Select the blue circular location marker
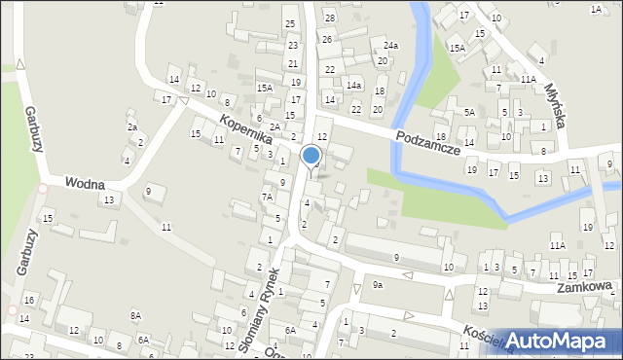tap(311, 155)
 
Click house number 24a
tap(390, 46)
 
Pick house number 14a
tap(354, 86)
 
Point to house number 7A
tap(267, 197)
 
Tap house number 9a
tap(377, 285)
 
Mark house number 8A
tap(136, 315)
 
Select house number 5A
tap(469, 112)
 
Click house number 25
tap(289, 22)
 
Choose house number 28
tap(329, 18)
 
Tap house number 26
tap(327, 39)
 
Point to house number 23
tap(293, 45)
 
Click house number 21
tap(293, 63)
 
